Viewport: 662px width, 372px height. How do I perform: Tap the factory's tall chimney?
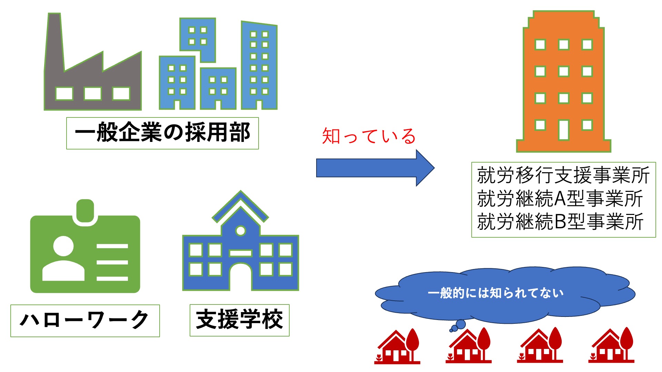pyautogui.click(x=54, y=41)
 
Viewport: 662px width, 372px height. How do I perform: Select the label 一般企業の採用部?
pyautogui.click(x=162, y=133)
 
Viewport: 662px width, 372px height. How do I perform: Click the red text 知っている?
pyautogui.click(x=369, y=136)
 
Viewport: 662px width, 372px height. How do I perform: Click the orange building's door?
pyautogui.click(x=563, y=130)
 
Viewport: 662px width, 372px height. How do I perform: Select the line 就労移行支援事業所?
pyautogui.click(x=563, y=175)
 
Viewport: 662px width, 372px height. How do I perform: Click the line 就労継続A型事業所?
pyautogui.click(x=560, y=199)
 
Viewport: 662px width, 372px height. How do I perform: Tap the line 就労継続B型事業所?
pyautogui.click(x=560, y=221)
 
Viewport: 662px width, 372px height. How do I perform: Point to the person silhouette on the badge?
pyautogui.click(x=63, y=258)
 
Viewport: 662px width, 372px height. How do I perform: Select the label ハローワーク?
pyautogui.click(x=85, y=320)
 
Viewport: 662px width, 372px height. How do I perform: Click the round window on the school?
pyautogui.click(x=240, y=230)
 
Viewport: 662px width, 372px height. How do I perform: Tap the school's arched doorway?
pyautogui.click(x=240, y=277)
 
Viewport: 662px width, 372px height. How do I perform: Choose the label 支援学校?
pyautogui.click(x=239, y=320)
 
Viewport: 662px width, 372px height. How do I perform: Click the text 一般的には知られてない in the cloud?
pyautogui.click(x=495, y=293)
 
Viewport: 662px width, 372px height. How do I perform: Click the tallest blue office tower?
pyautogui.click(x=259, y=65)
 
